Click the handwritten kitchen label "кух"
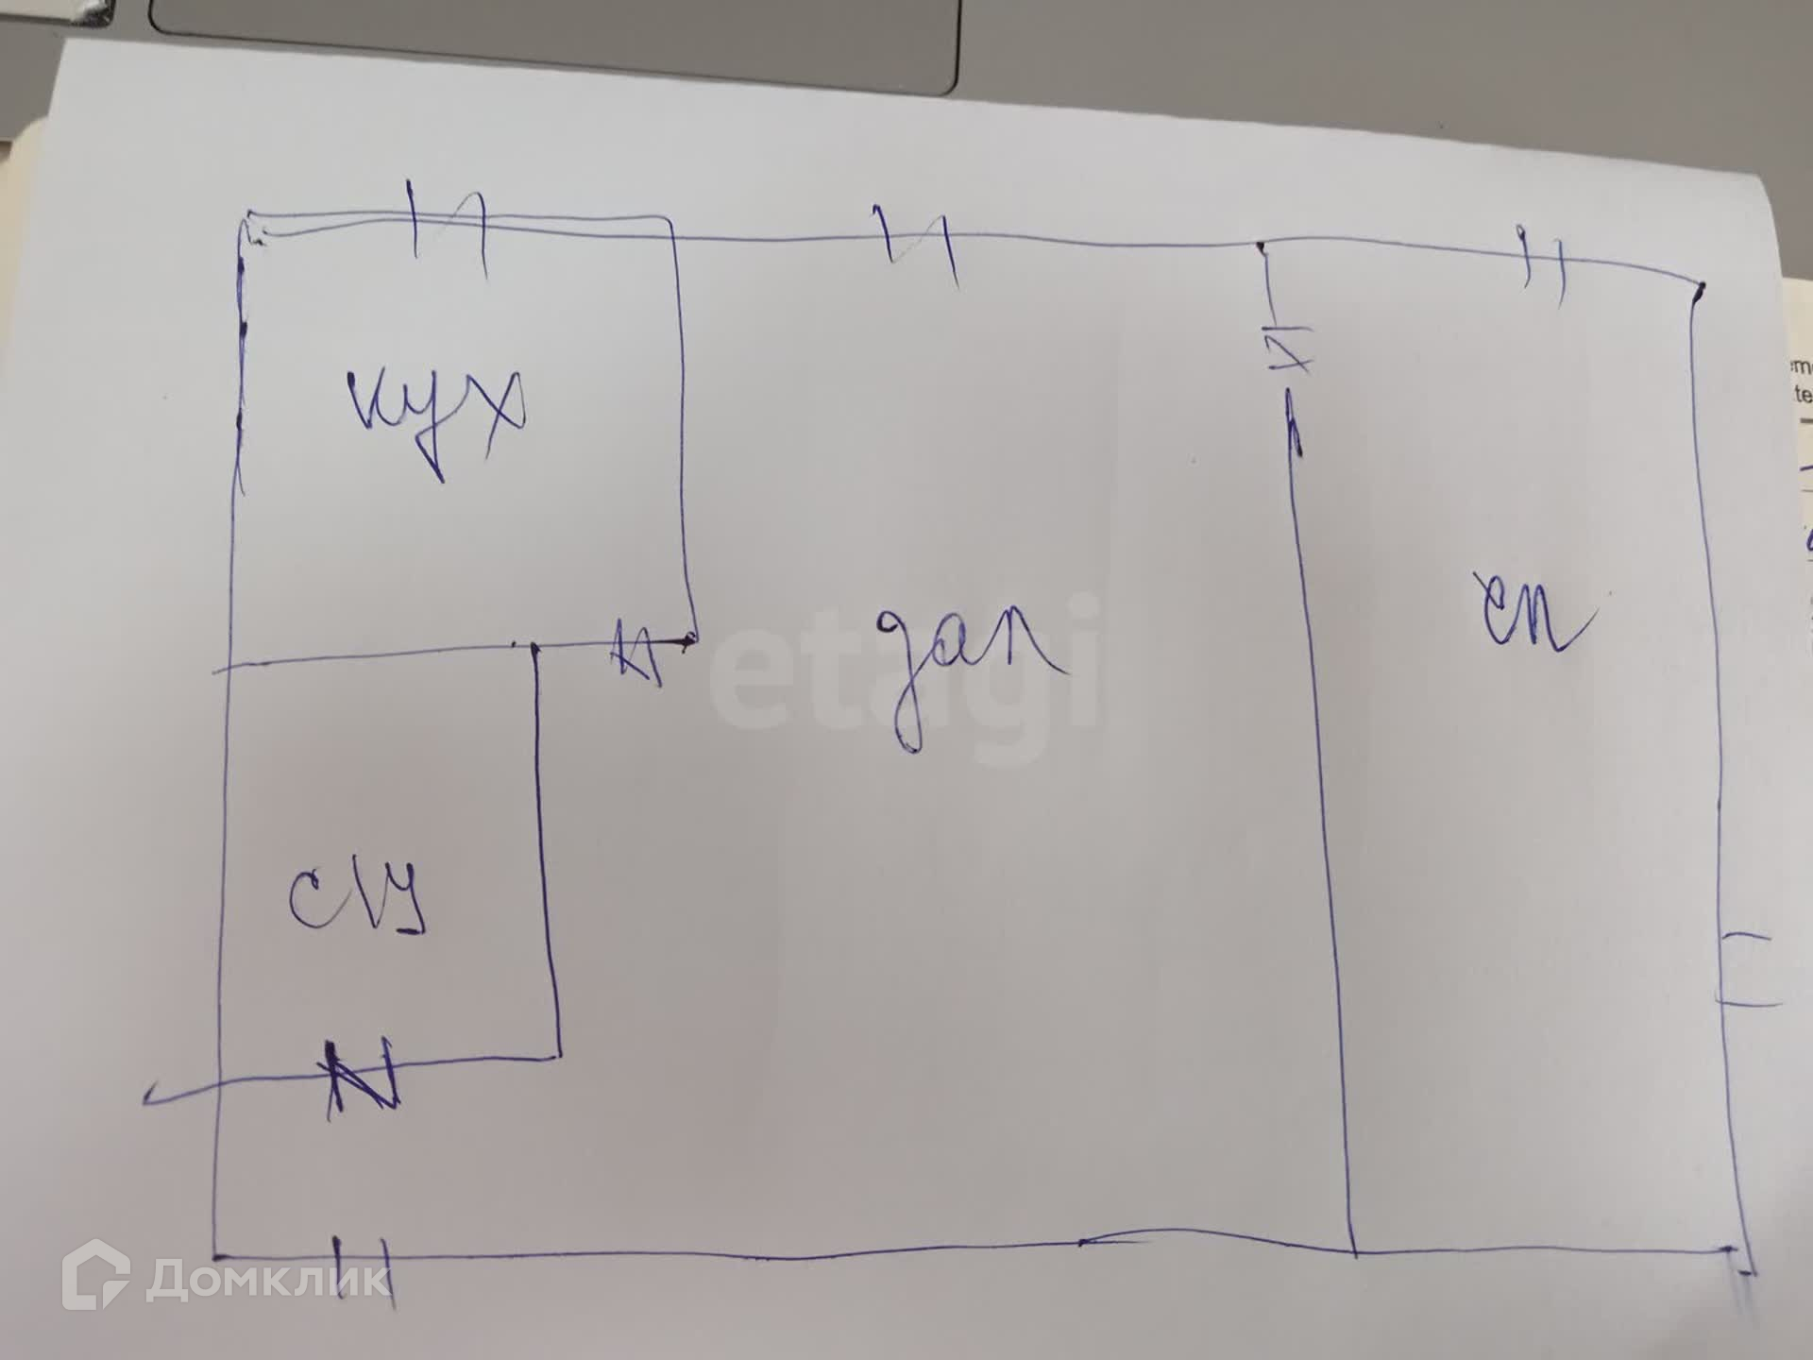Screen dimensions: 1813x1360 [x=434, y=416]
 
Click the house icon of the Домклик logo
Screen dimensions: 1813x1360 [x=95, y=1274]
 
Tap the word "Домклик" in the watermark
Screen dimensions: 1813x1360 [x=268, y=1280]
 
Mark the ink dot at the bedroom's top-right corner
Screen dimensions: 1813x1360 [x=1700, y=288]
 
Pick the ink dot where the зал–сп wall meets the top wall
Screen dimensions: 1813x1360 [x=1262, y=247]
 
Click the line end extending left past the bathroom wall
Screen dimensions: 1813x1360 [x=151, y=1097]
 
